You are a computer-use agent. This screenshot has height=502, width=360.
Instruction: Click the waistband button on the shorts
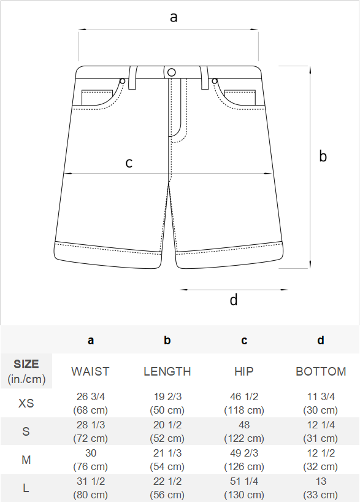coord(172,72)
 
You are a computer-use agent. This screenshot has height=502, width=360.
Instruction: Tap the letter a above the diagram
coord(174,17)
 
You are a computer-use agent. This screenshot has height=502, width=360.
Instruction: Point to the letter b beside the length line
coord(323,156)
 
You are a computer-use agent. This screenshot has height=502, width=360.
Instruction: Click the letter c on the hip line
coord(129,163)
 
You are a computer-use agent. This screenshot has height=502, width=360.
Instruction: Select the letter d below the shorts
coord(234,300)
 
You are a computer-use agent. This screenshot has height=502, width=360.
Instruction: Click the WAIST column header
coord(90,371)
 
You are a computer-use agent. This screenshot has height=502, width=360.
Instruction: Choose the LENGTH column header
coord(167,371)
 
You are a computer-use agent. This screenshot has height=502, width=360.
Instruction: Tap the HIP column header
coord(244,371)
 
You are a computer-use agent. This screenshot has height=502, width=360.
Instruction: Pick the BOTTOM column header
coord(321,371)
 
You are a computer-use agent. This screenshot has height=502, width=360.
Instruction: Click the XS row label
coord(26,403)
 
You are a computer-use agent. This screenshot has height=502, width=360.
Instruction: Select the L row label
coord(26,488)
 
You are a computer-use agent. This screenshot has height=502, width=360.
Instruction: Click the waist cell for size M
coord(91,460)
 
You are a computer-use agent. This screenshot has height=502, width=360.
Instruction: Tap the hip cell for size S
coord(244,431)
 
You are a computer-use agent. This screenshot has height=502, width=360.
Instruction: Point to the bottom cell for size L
coord(321,488)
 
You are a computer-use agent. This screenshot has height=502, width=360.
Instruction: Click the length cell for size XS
coord(167,403)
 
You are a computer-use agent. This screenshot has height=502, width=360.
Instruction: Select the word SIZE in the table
coord(26,364)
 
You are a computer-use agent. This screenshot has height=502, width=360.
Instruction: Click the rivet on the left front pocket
coord(122,82)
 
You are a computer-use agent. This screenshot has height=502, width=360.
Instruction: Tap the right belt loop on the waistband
coord(204,77)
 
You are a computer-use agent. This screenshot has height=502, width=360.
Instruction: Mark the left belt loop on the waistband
coord(132,77)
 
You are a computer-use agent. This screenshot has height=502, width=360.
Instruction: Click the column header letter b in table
coord(167,340)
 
